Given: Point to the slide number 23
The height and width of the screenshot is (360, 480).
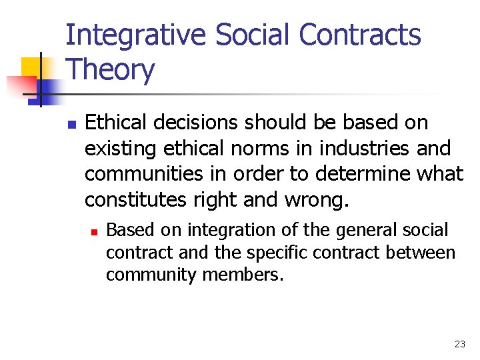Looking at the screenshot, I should [459, 344].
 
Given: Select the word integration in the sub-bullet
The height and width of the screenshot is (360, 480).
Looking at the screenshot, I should [229, 231].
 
